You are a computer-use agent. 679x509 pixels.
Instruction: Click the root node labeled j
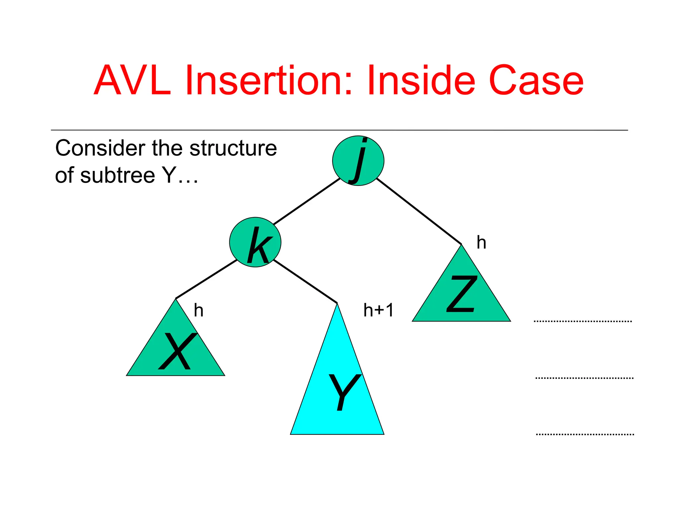pos(358,161)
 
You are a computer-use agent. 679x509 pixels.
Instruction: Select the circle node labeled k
pos(255,242)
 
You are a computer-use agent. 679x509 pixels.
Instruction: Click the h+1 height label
pos(378,311)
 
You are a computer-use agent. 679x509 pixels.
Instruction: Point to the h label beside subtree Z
pos(481,243)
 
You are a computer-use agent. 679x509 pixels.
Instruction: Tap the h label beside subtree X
pos(199,311)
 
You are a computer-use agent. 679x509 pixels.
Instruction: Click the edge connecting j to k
pos(307,201)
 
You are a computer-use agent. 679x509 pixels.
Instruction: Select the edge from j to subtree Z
pos(419,211)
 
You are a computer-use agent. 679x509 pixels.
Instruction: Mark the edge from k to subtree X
pos(206,279)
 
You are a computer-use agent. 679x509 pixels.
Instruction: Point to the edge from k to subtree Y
pos(305,281)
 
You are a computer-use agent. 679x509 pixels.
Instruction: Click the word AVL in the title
pos(132,81)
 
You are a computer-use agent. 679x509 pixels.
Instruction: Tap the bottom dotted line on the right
pos(585,434)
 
